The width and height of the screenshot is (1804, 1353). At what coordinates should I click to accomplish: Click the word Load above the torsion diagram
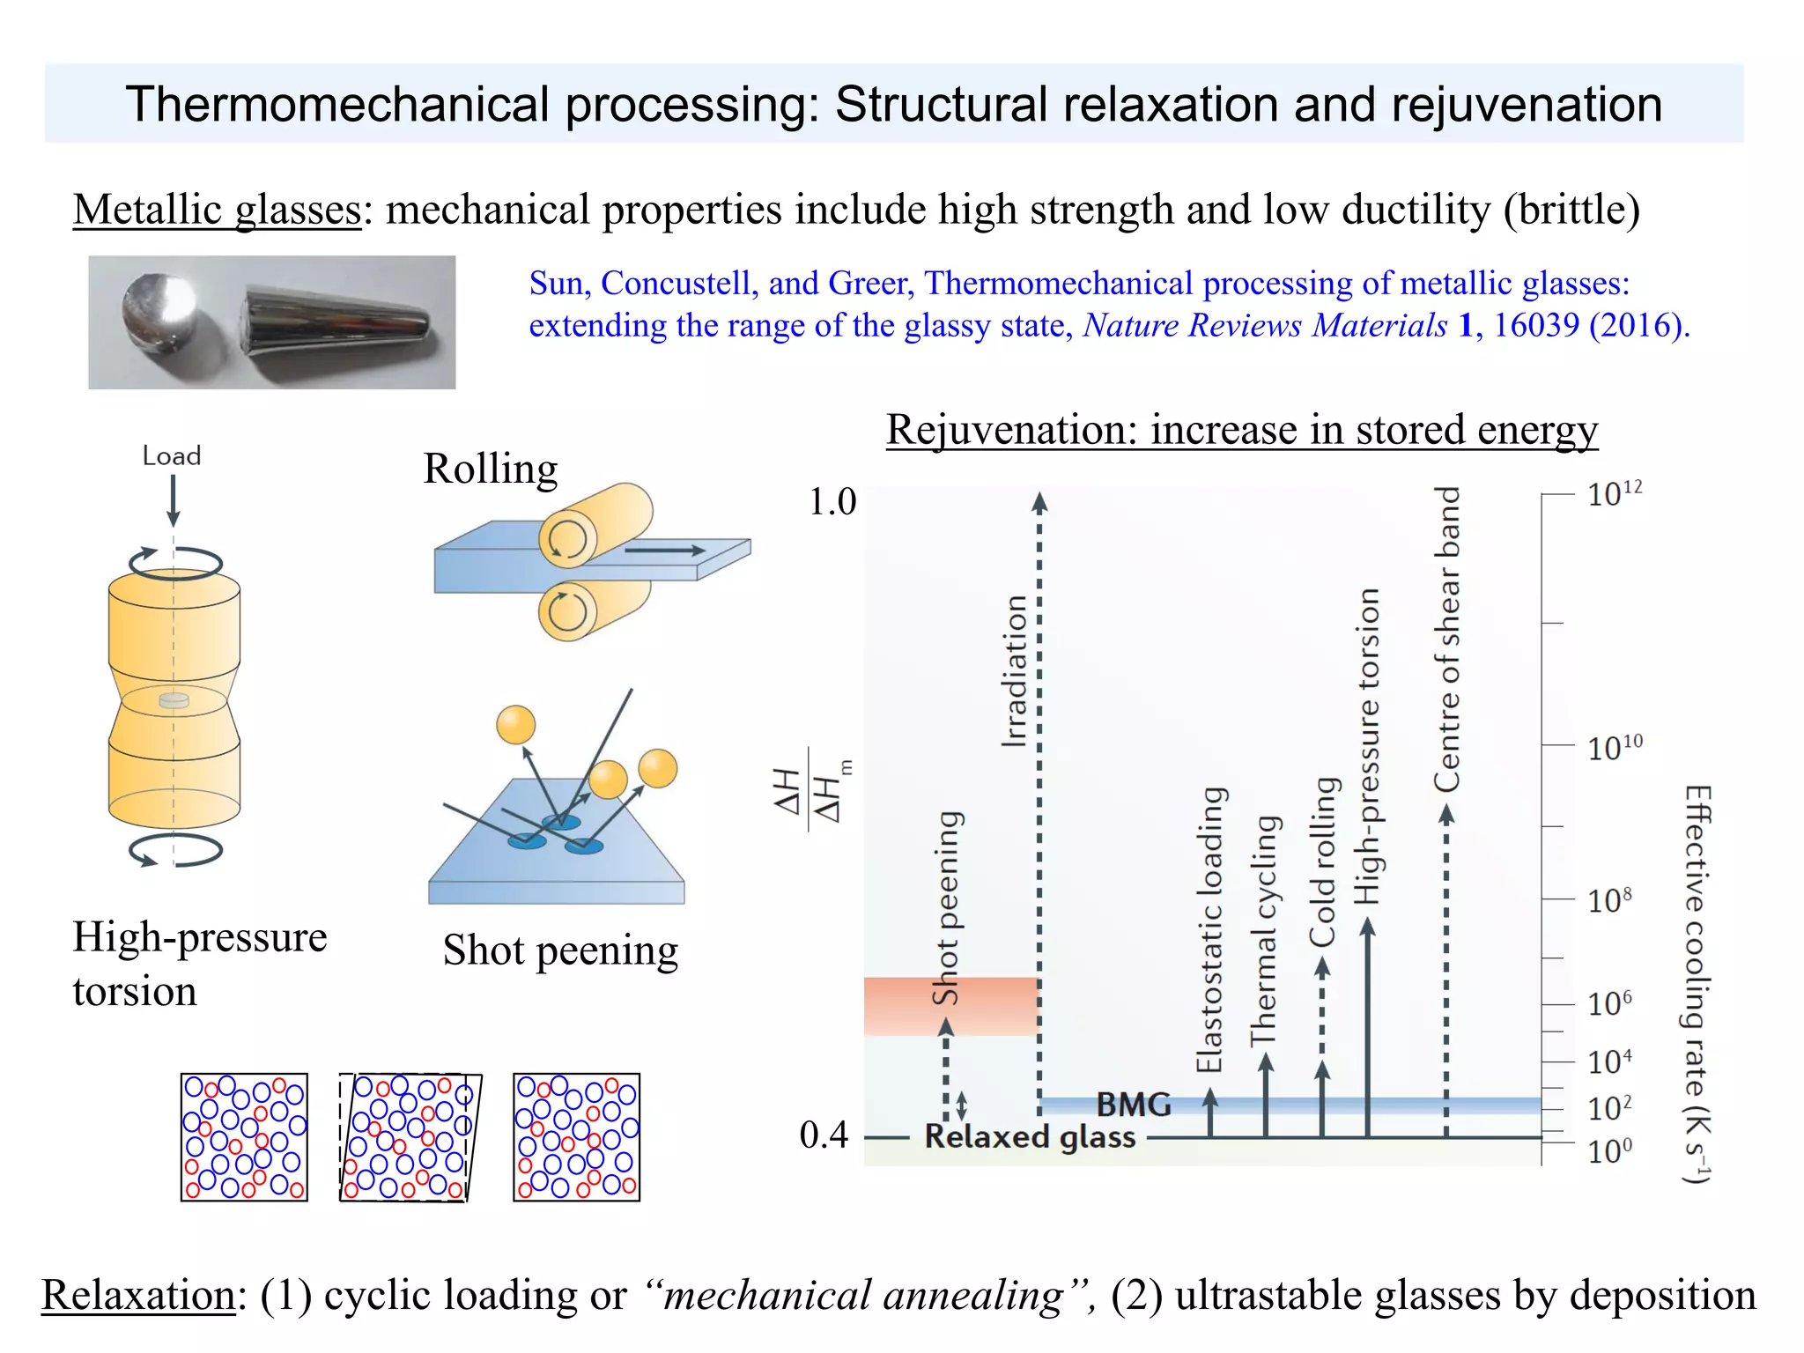pos(172,456)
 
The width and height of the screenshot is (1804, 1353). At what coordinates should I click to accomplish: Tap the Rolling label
pos(490,469)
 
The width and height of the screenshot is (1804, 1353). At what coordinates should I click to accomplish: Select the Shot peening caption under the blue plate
pos(560,950)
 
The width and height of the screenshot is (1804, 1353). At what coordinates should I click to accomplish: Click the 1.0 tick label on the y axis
pos(832,502)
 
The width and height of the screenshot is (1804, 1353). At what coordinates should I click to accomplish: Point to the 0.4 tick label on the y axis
pos(824,1135)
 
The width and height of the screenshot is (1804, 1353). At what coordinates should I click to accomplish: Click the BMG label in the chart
pos(1134,1105)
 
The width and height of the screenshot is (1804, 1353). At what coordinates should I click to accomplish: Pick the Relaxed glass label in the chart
pos(1030,1137)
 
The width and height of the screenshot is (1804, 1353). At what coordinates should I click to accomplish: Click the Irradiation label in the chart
pos(1015,671)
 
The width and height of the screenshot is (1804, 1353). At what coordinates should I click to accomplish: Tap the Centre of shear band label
pos(1447,639)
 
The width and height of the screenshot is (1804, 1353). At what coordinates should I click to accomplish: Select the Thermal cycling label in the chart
pos(1264,930)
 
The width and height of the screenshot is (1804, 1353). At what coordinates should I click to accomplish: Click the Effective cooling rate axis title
pos(1697,983)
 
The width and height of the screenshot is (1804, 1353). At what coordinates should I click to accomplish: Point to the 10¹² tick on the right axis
pos(1614,494)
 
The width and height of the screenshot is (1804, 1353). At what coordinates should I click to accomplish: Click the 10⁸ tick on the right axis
pos(1608,901)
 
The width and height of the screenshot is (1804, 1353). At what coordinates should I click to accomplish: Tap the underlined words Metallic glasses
pos(217,211)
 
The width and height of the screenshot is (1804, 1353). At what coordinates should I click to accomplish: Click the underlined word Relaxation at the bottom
pos(138,1296)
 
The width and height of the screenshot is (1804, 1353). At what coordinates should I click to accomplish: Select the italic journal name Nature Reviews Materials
pos(1265,326)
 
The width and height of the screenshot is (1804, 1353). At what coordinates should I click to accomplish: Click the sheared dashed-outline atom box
pos(410,1137)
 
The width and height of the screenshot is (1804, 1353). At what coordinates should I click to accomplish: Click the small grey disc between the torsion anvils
pos(174,701)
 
